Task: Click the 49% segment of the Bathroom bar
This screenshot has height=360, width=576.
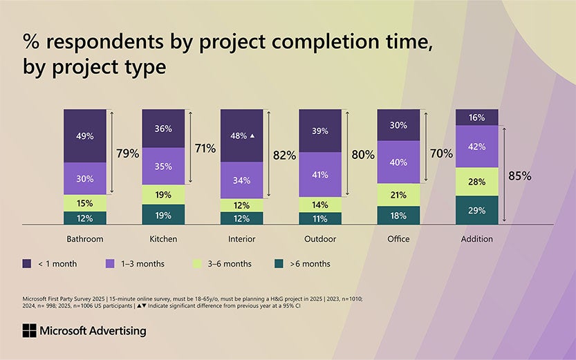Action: [85, 136]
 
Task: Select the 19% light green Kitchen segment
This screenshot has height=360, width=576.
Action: [163, 194]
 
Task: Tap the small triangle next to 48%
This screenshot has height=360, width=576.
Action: [252, 136]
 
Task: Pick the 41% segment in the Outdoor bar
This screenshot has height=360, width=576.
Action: [320, 175]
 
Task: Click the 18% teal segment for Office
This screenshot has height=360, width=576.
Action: [398, 216]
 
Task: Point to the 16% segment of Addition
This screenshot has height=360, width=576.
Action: [477, 117]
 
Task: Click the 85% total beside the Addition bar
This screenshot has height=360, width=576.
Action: [520, 176]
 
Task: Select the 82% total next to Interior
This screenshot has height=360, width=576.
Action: [284, 155]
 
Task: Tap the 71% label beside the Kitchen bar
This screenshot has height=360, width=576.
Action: [205, 149]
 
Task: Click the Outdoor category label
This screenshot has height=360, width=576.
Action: [320, 239]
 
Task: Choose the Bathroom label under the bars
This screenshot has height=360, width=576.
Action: [85, 239]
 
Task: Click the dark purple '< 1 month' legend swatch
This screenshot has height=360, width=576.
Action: [27, 263]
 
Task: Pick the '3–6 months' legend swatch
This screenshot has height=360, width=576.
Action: [197, 263]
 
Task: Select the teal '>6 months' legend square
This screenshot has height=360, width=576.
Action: [279, 263]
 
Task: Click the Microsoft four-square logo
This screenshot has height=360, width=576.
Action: [29, 330]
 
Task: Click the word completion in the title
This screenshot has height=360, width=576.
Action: [326, 42]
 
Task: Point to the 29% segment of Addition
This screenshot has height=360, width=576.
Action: [477, 210]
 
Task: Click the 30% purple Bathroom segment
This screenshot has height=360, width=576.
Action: [85, 179]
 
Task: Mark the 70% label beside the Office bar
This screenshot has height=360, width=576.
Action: [442, 153]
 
